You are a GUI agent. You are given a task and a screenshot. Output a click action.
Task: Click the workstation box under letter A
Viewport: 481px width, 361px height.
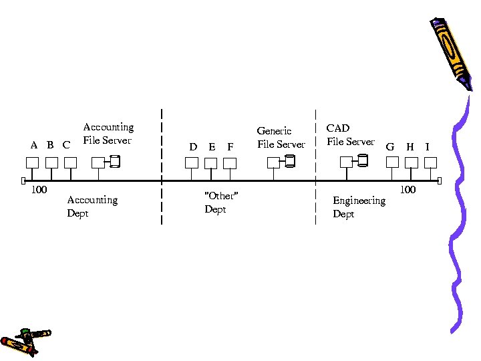31,162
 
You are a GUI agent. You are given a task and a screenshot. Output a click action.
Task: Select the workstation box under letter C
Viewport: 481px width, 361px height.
70,162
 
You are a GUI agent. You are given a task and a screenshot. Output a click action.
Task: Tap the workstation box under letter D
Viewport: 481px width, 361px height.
192,162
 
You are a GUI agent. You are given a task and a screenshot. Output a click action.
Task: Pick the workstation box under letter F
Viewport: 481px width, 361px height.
230,162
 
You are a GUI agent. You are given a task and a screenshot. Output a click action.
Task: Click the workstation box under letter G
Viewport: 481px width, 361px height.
392,162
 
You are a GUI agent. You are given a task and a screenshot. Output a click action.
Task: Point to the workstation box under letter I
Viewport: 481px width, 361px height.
430,162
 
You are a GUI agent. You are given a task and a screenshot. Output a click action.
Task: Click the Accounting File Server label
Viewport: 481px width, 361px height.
108,134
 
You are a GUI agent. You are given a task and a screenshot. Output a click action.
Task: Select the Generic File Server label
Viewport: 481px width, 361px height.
281,138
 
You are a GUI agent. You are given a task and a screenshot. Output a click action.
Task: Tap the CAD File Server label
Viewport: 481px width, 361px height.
350,134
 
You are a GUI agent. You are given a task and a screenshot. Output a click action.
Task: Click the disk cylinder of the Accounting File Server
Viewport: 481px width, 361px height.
115,161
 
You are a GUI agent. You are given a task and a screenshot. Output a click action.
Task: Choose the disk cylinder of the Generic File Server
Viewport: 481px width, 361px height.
289,161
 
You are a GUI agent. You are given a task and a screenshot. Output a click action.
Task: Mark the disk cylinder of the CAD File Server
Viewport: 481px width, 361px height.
362,160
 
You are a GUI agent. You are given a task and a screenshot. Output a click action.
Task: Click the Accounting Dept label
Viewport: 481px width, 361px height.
92,206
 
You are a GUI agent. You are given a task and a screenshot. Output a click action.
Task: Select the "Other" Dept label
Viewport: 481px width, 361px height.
220,202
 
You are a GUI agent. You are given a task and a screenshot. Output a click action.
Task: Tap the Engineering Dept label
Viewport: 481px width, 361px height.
359,207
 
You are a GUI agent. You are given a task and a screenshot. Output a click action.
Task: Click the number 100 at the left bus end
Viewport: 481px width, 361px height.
39,190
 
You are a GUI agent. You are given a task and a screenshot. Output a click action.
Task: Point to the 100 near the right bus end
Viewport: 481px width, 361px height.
408,190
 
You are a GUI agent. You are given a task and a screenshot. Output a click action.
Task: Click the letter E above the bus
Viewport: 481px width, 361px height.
212,146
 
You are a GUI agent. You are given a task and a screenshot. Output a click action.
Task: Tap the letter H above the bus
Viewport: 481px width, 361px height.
410,146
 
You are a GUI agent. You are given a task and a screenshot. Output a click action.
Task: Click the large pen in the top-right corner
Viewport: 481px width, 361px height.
452,50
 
